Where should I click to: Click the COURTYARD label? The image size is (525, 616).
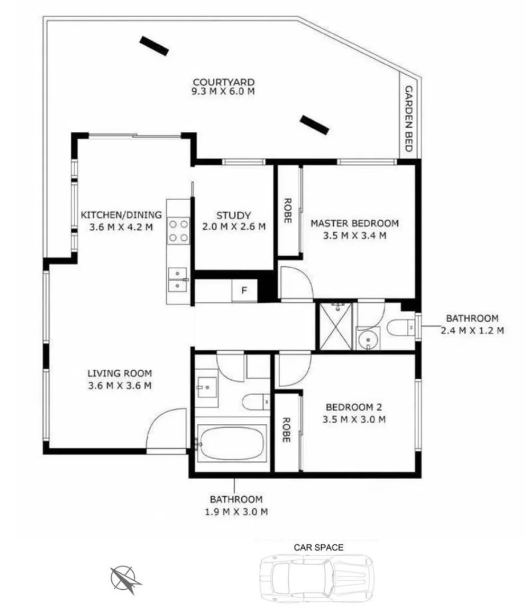click(223, 82)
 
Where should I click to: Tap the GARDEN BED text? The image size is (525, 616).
click(409, 118)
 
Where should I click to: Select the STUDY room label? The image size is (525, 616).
click(233, 216)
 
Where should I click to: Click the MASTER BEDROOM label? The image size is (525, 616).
click(354, 223)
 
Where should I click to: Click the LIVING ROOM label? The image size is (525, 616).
click(119, 374)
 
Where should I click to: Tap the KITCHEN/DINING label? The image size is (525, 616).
click(121, 215)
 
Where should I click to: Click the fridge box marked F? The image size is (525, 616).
click(244, 290)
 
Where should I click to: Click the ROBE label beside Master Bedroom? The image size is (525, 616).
click(288, 210)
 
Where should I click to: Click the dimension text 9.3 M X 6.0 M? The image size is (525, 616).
click(223, 91)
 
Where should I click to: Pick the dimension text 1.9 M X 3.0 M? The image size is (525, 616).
click(236, 512)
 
